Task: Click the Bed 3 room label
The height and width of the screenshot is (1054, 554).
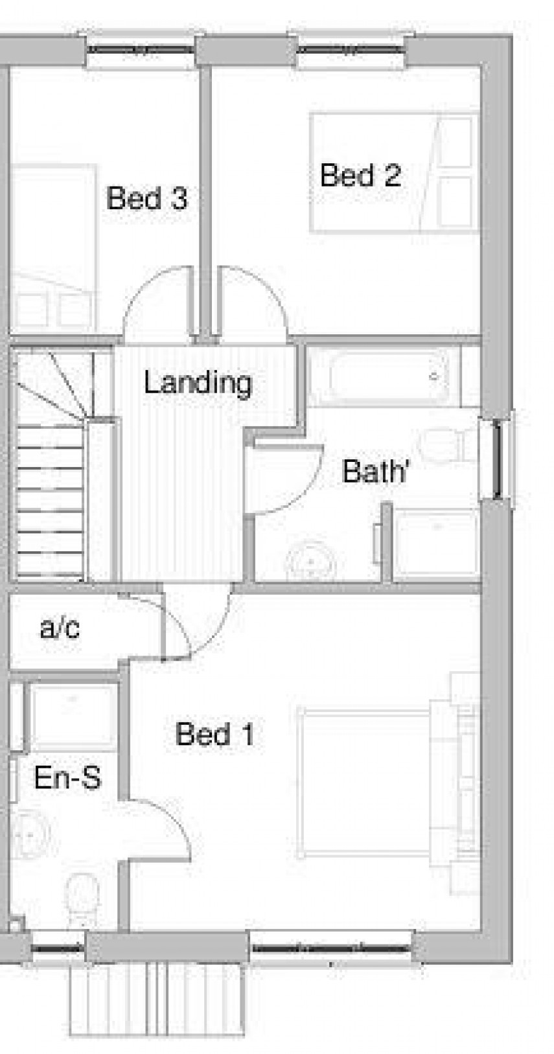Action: point(147,198)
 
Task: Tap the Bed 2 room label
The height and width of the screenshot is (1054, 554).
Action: point(360,176)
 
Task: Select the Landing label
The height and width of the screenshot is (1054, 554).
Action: point(198,383)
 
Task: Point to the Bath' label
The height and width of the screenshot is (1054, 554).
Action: point(375,471)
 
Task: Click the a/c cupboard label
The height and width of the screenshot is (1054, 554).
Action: point(60,628)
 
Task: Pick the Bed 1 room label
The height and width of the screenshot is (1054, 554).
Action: point(214,735)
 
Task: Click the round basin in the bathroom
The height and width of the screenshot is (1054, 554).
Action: point(310,561)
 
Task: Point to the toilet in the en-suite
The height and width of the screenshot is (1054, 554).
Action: point(82,897)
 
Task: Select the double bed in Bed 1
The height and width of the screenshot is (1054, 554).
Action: point(376,784)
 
